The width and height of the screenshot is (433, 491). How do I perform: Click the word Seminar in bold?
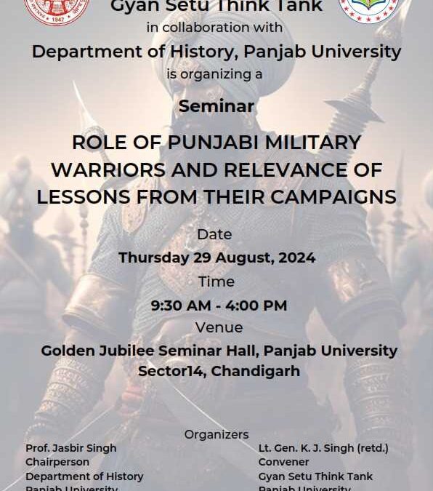[216, 106]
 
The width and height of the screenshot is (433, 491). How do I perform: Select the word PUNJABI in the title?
[215, 142]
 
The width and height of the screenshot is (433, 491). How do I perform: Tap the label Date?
[214, 234]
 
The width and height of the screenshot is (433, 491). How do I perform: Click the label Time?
[216, 282]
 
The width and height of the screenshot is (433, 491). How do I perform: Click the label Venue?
[219, 327]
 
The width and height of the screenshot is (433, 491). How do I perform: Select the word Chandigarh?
[251, 371]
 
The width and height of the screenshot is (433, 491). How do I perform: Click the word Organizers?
[216, 434]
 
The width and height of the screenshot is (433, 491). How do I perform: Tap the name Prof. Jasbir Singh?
[70, 448]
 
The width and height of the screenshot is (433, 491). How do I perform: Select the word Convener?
[283, 462]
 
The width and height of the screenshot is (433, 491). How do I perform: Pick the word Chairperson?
[57, 462]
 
